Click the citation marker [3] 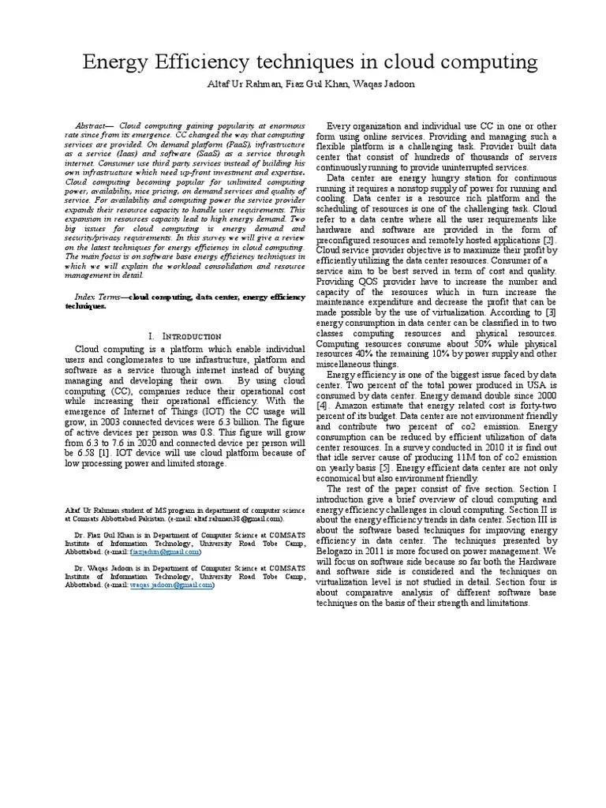point(551,312)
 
